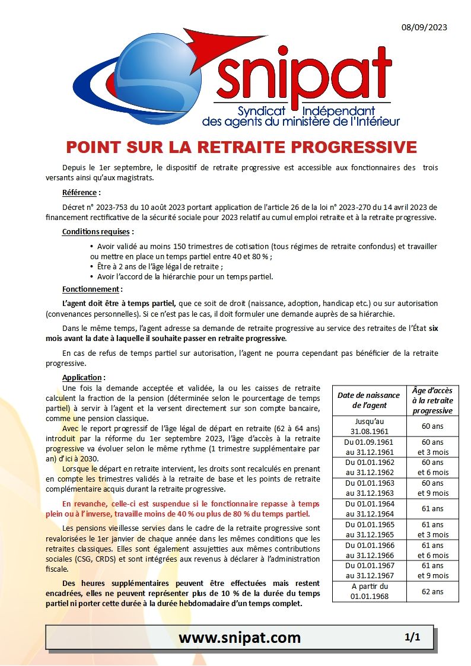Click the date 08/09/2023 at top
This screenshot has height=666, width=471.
click(424, 27)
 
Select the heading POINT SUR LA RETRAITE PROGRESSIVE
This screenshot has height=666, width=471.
click(241, 146)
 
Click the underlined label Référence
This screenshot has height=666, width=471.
click(81, 192)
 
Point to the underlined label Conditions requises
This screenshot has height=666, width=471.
click(98, 231)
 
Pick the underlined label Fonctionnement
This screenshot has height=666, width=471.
click(92, 289)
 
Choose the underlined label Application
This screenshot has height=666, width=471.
click(84, 377)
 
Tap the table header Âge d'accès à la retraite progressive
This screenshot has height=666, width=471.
click(432, 400)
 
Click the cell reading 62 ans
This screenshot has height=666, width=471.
click(432, 591)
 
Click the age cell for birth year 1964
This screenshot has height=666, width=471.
click(432, 509)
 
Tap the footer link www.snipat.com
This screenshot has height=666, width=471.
click(240, 638)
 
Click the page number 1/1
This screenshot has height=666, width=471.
click(412, 638)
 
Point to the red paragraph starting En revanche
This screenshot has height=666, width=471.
click(190, 508)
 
